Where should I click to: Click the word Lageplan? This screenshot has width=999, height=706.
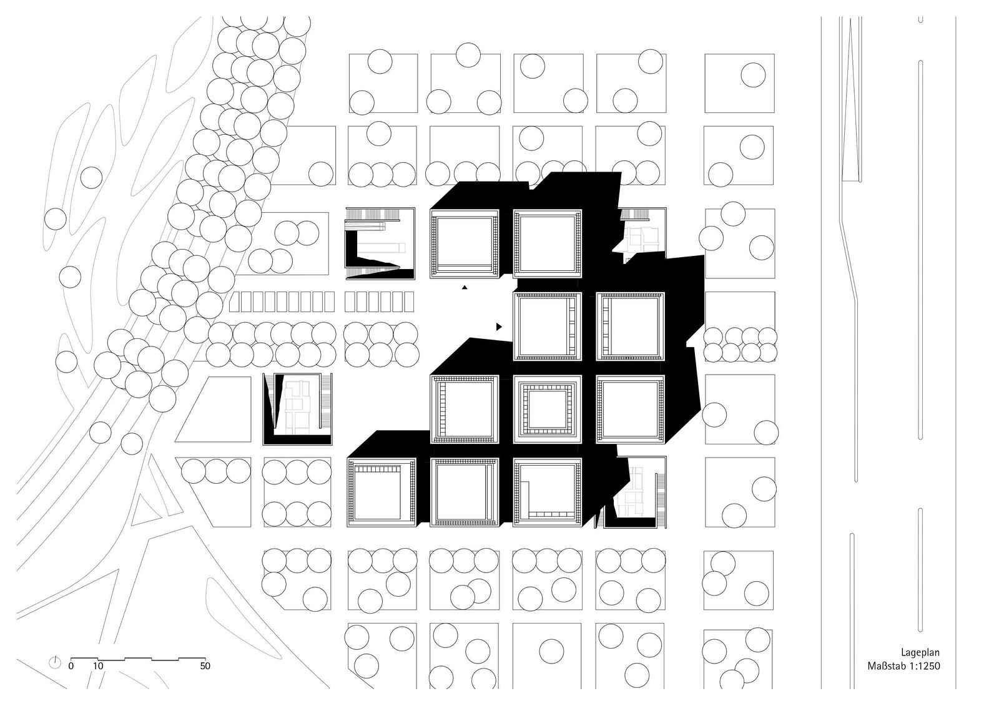coord(920,652)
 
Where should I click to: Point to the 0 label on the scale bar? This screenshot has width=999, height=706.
coord(71,666)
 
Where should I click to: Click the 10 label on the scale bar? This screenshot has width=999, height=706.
coord(98,666)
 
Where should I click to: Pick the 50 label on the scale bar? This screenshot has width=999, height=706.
coord(205,666)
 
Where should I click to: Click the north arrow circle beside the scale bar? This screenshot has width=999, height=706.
coord(55,663)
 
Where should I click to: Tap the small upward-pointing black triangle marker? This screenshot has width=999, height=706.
coord(465,288)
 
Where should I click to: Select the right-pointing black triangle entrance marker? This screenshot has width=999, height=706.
coord(499,327)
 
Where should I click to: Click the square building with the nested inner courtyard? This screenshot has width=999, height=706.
coord(547,409)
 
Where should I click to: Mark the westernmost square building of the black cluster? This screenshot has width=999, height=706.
coord(381,493)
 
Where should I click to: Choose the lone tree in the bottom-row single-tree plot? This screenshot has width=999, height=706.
coord(552,651)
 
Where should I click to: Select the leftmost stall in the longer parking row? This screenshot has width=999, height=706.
coord(235,302)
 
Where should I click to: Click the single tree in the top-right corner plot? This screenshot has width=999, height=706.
coord(753,75)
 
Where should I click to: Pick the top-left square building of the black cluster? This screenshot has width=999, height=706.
coord(465,243)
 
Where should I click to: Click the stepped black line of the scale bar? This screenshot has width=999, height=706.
coord(138,659)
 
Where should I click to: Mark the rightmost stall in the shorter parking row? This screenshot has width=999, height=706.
coord(409,302)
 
